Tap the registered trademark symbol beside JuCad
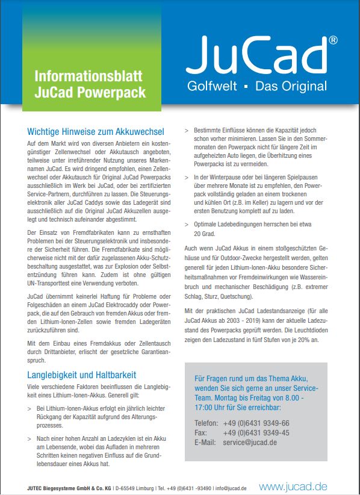[332, 40]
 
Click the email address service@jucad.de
[250, 442]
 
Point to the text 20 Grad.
[204, 233]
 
